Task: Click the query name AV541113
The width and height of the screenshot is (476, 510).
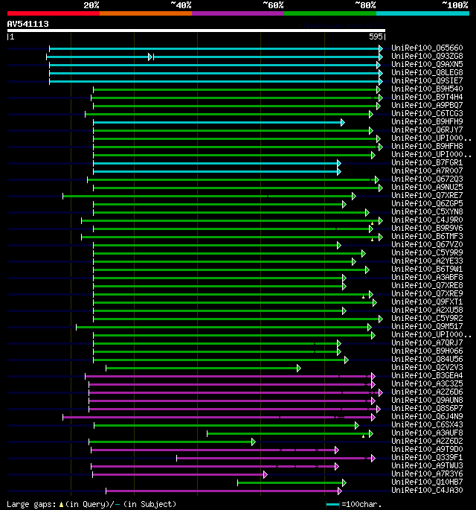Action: tap(28, 24)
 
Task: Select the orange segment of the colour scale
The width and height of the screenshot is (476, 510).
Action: tap(145, 13)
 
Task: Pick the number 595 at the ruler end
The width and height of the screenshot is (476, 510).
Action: tap(376, 36)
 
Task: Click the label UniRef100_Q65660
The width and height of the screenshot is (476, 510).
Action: tap(427, 48)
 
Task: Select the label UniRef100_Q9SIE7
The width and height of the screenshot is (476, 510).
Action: tap(427, 81)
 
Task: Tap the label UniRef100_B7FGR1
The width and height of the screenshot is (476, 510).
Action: tap(427, 162)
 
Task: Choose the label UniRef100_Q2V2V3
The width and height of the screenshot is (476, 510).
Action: tap(427, 367)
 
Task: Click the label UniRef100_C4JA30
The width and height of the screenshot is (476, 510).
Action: tap(427, 490)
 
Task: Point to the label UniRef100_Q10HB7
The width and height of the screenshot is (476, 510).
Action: tap(427, 482)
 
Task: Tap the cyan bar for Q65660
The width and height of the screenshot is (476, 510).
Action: tap(216, 48)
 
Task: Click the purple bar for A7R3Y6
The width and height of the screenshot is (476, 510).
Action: tap(178, 474)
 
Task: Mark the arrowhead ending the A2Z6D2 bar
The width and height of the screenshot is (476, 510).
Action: tap(254, 442)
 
